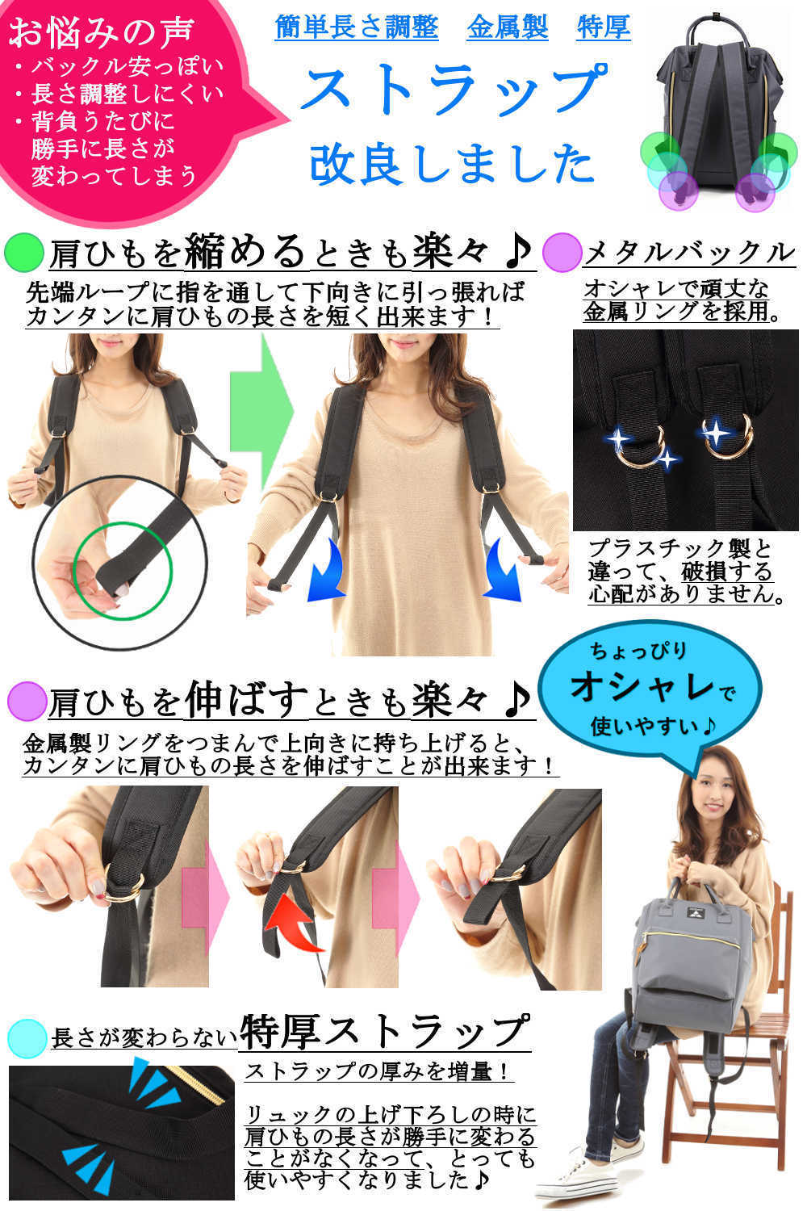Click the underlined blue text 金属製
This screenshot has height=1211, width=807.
[508, 27]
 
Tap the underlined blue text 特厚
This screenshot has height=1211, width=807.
[603, 27]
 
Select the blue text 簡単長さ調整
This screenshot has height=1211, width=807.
[357, 27]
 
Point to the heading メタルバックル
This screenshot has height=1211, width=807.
[690, 253]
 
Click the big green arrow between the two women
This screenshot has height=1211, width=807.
[261, 411]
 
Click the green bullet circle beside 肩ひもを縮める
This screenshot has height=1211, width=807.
[23, 253]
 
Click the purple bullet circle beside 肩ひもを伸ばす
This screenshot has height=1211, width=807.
[27, 702]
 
